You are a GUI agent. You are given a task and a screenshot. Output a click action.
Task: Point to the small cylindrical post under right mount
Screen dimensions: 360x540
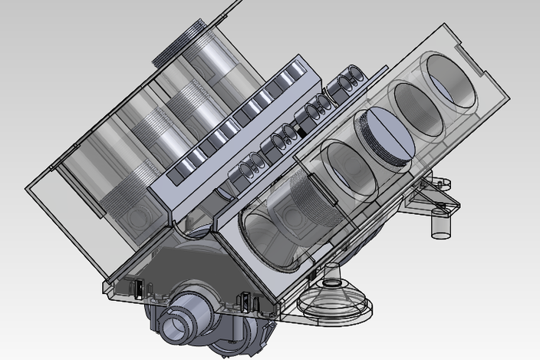tap(440, 222)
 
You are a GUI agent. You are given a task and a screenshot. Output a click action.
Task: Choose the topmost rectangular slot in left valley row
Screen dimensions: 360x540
tap(294, 77)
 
